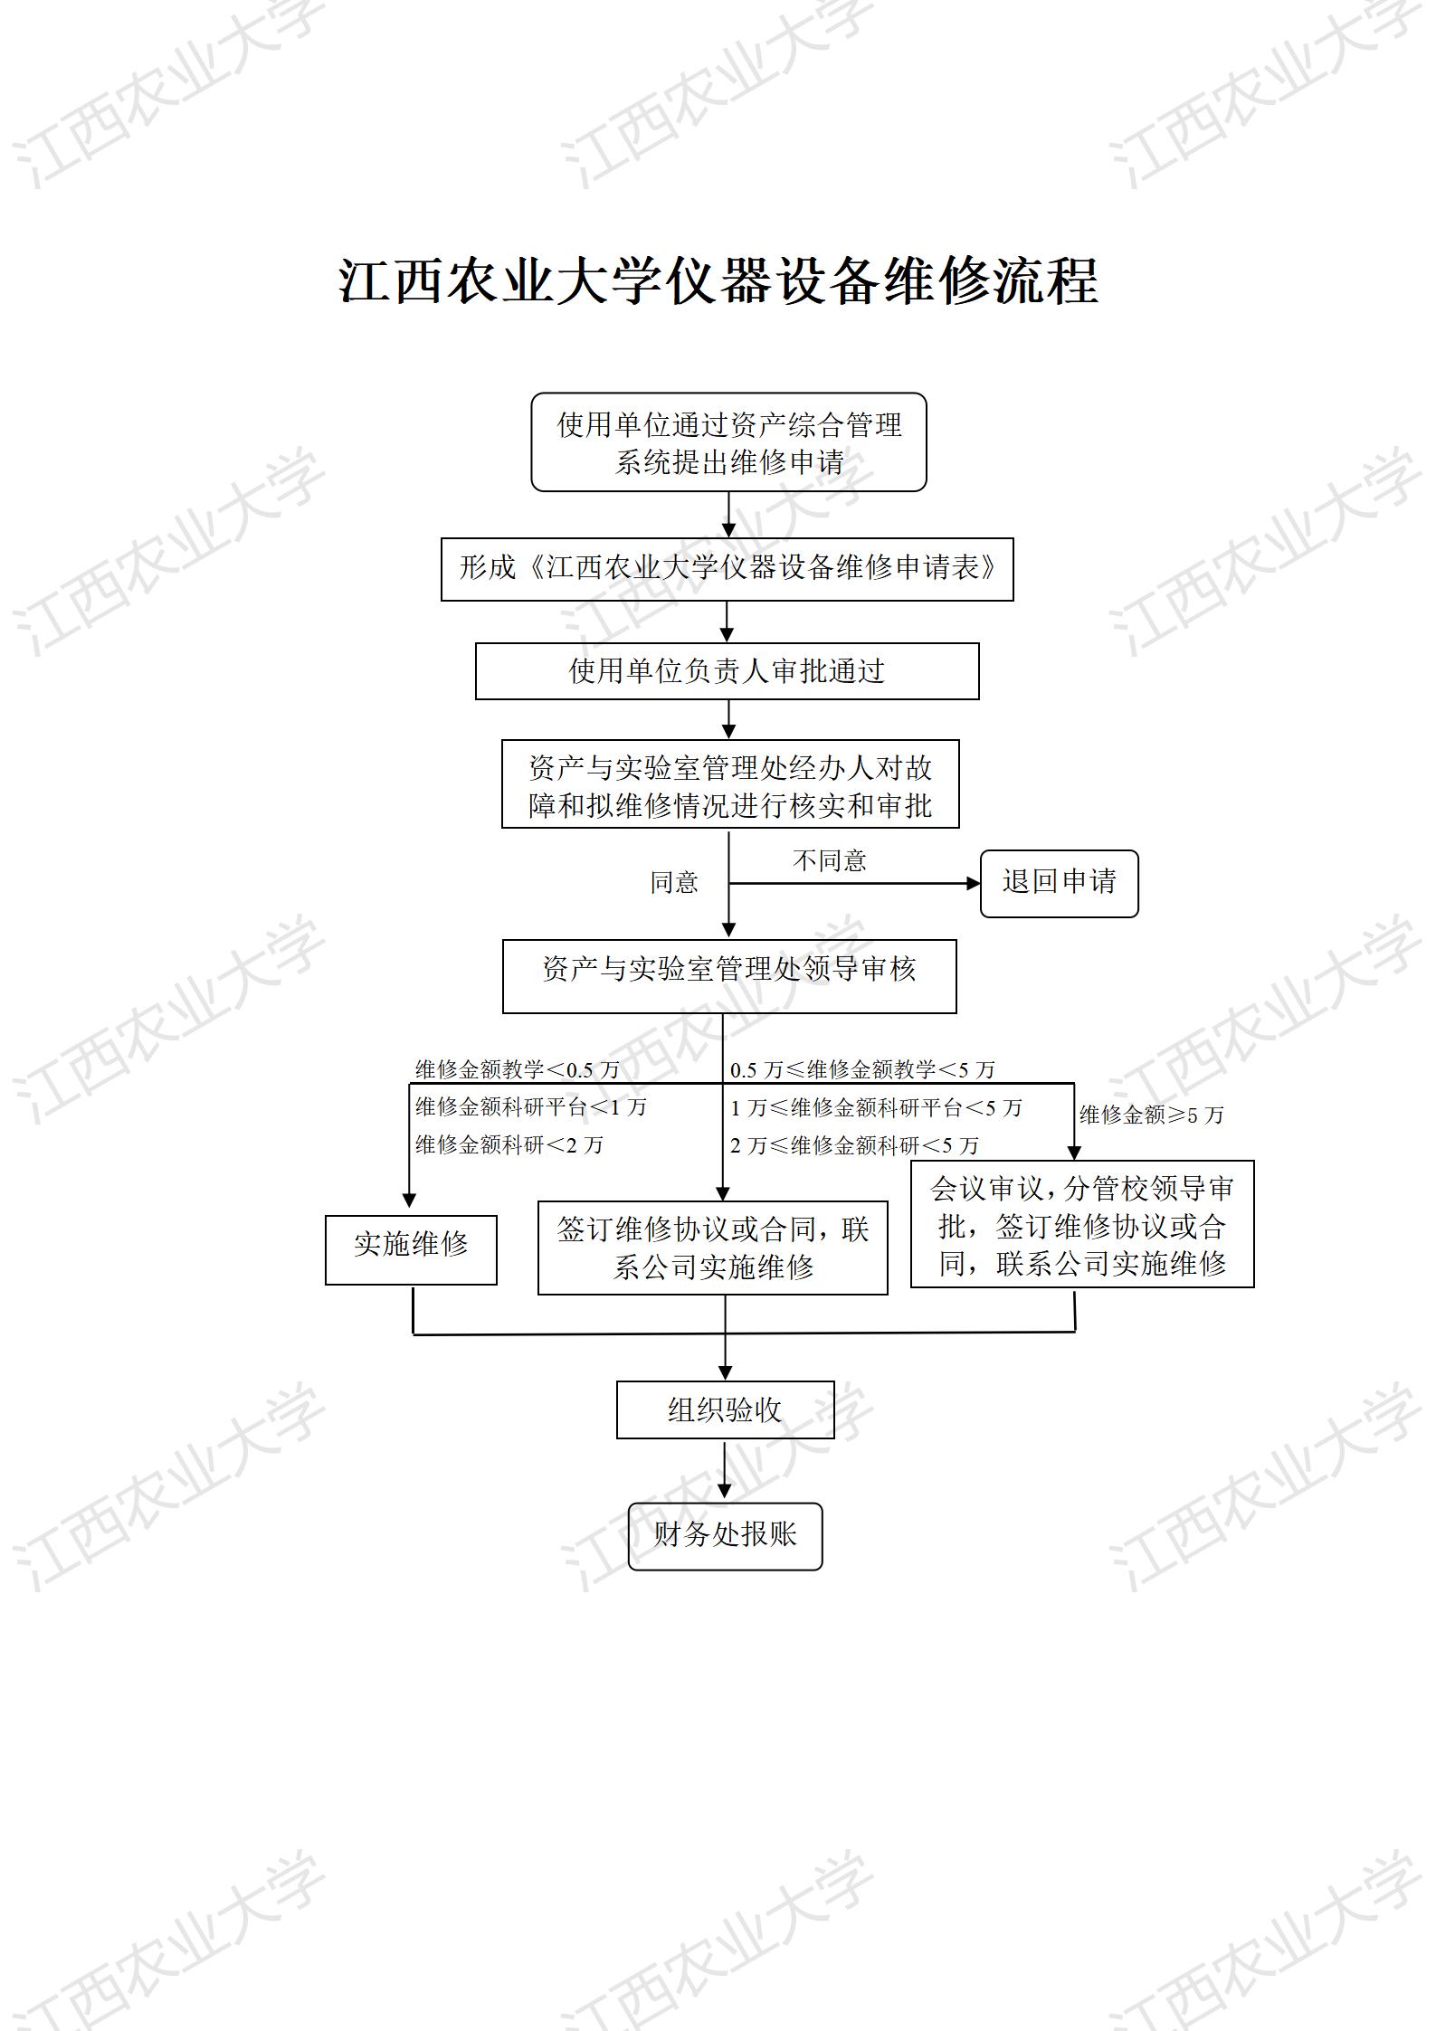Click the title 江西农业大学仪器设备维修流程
pyautogui.click(x=718, y=280)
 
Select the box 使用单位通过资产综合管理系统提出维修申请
pyautogui.click(x=728, y=442)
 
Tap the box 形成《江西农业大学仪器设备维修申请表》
pyautogui.click(x=727, y=569)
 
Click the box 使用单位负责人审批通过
pyautogui.click(x=727, y=671)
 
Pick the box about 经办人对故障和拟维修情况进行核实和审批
pyautogui.click(x=730, y=784)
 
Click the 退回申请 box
pyautogui.click(x=1059, y=883)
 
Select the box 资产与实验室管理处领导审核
pyautogui.click(x=729, y=975)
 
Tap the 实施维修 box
pyautogui.click(x=411, y=1249)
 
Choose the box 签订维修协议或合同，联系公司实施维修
pyautogui.click(x=712, y=1248)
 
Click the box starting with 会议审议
pyautogui.click(x=1082, y=1224)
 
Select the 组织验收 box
pyautogui.click(x=725, y=1409)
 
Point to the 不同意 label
pyautogui.click(x=829, y=860)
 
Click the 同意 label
pyautogui.click(x=674, y=883)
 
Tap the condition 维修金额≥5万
pyautogui.click(x=1151, y=1115)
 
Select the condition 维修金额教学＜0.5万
pyautogui.click(x=518, y=1070)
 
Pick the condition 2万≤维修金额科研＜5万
pyautogui.click(x=854, y=1146)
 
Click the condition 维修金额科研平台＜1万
pyautogui.click(x=531, y=1107)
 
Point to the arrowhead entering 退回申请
pyautogui.click(x=974, y=883)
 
